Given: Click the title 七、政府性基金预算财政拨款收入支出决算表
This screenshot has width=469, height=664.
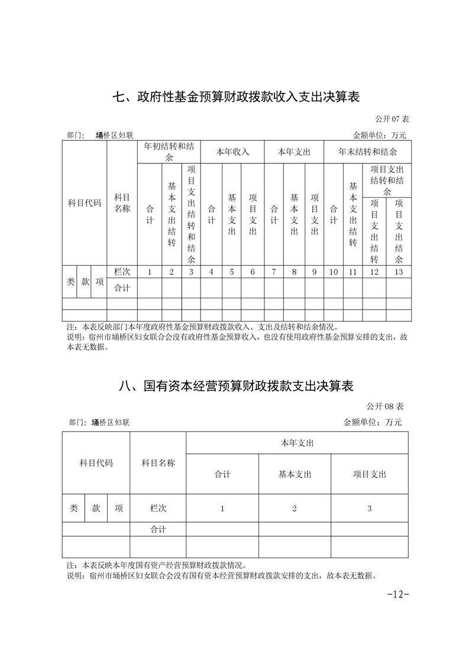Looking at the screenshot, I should [236, 97].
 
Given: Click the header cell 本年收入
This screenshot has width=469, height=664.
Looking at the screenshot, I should [232, 152].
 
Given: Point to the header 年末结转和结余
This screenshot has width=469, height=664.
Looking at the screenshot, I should [367, 152].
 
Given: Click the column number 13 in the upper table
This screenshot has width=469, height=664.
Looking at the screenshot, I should [399, 272].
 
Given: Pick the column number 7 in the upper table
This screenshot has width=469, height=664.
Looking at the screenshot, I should [274, 272].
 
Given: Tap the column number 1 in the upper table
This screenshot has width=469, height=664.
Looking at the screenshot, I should [150, 272].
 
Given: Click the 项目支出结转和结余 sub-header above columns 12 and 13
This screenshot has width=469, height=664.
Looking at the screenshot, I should [387, 180].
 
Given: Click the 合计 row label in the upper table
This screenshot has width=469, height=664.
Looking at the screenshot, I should [122, 288].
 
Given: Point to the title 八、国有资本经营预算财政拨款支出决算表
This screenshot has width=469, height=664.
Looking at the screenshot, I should [236, 386].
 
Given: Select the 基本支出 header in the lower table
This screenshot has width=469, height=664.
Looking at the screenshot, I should [295, 474].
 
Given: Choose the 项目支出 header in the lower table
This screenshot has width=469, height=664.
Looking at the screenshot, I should [369, 474].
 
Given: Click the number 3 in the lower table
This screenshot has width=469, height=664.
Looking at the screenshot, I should [369, 508].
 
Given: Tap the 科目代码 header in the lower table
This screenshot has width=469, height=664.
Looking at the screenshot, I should [96, 463].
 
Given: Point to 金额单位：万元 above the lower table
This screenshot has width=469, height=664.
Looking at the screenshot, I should [372, 423].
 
